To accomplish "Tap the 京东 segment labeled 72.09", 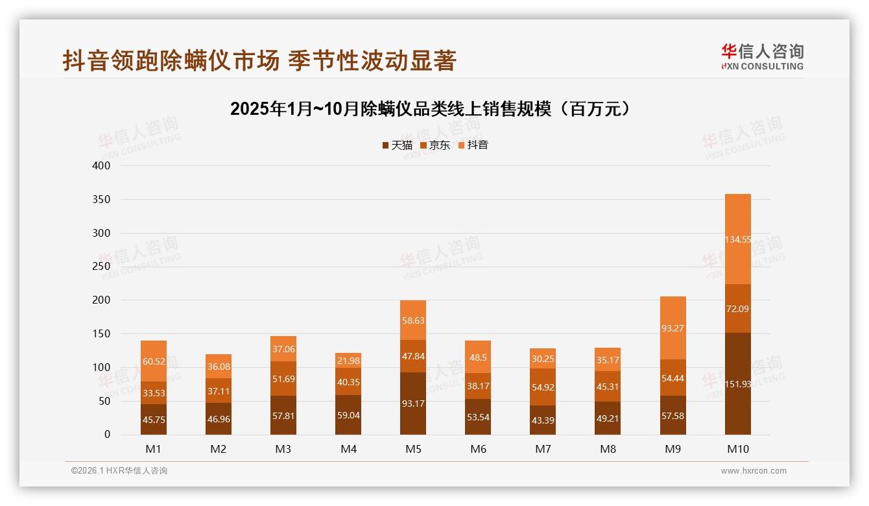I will tap(737, 309).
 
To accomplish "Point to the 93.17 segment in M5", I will tap(413, 404).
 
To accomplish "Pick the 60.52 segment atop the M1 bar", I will tap(154, 361).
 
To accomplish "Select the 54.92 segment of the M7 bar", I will tap(543, 387).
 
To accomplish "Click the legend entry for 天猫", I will tap(397, 145).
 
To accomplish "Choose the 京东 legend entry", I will tap(435, 145).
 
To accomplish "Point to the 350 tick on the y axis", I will tap(102, 199).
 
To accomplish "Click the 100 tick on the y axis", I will tap(102, 367).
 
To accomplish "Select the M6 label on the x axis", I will tap(478, 449).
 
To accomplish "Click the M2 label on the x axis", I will tap(219, 449).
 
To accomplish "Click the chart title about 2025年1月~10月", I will tap(430, 108).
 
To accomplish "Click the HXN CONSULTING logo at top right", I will tap(762, 57).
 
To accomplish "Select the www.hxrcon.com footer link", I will tap(754, 471).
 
